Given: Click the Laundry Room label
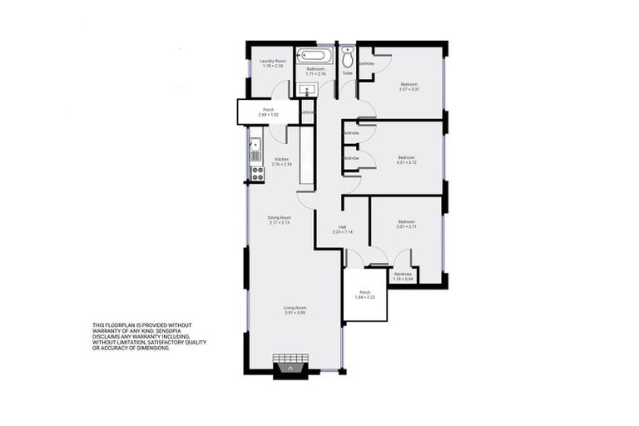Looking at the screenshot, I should point(272,60).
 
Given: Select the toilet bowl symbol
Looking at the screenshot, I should point(347,56).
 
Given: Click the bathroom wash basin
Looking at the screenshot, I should point(307,89).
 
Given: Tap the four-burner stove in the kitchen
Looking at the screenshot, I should point(257,174).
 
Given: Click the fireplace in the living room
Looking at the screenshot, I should point(290,364).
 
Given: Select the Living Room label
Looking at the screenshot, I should point(295,308).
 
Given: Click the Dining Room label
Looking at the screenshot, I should point(279,217).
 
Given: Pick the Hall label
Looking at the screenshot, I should point(342,227).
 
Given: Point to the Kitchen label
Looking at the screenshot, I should point(282,159).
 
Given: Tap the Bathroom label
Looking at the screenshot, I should point(315,69).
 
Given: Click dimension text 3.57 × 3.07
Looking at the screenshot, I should point(409,89).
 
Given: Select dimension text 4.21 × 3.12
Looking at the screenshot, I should point(406,162).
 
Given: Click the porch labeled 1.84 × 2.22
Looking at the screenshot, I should point(365,295).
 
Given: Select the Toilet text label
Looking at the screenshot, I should point(347,73).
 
